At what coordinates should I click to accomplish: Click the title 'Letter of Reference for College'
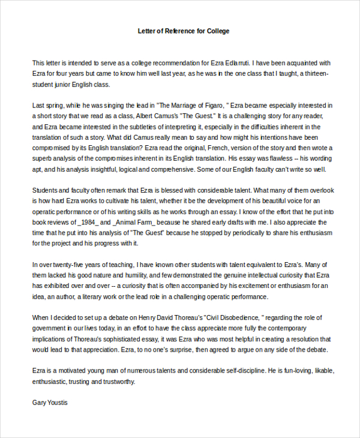[x=180, y=31]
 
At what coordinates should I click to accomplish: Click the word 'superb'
[x=43, y=158]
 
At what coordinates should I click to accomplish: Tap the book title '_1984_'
[x=86, y=222]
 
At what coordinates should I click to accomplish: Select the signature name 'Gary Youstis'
[x=50, y=402]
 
